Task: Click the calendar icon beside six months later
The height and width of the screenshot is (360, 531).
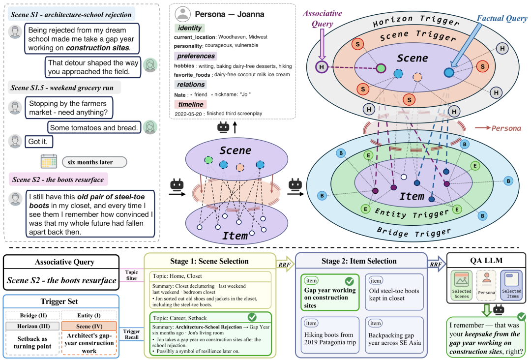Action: tap(49, 161)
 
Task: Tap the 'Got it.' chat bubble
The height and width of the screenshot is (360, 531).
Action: tap(39, 142)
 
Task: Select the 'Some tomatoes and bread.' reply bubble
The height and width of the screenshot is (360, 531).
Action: tap(94, 128)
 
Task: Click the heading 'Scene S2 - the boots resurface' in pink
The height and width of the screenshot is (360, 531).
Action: tap(58, 180)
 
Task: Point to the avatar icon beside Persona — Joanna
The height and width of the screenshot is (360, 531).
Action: tap(182, 14)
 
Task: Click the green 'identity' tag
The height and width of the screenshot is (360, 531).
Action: tap(190, 28)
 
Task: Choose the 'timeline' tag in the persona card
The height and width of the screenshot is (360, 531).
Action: tap(191, 104)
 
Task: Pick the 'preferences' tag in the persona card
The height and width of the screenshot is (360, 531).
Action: tap(196, 56)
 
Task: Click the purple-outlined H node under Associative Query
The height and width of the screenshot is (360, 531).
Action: tap(322, 67)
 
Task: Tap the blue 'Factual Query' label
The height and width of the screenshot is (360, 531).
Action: tap(502, 18)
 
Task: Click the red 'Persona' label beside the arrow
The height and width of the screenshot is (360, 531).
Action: tap(506, 128)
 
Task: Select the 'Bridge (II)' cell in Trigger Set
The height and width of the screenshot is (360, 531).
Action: tap(33, 315)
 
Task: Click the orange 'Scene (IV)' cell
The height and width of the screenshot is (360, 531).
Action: tap(89, 326)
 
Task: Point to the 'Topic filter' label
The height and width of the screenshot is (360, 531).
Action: tap(131, 275)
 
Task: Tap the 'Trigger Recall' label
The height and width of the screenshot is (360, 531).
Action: tap(132, 334)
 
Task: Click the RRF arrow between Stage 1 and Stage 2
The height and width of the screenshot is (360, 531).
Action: tap(286, 265)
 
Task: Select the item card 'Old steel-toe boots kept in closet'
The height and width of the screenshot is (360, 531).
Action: tap(394, 292)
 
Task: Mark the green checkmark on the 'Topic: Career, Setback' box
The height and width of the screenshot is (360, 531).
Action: tap(252, 317)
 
